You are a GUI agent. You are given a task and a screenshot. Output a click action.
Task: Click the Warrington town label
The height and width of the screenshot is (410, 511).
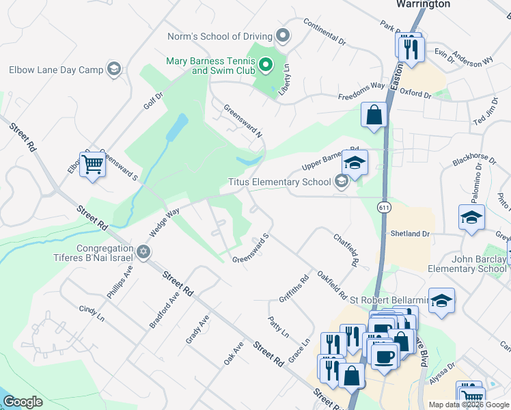click(424, 4)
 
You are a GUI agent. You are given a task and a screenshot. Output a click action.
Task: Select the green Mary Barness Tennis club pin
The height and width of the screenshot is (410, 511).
click(266, 66)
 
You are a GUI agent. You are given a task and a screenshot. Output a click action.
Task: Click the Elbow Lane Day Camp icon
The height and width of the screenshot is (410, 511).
click(114, 69)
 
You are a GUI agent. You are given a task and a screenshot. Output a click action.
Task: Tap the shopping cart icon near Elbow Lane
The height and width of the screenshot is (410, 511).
click(92, 164)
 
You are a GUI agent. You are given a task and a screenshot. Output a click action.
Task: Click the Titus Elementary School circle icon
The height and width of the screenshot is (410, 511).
click(341, 182)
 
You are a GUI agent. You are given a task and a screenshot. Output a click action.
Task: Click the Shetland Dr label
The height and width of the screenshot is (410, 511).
click(410, 234)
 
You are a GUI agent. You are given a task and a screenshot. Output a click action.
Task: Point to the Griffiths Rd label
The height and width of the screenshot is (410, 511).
click(294, 288)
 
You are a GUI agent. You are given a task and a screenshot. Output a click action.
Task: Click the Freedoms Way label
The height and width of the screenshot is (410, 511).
click(362, 94)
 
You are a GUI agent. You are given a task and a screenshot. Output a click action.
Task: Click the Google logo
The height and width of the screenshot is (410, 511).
click(23, 402)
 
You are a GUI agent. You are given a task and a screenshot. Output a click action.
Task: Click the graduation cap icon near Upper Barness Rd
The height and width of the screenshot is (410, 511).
click(355, 163)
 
